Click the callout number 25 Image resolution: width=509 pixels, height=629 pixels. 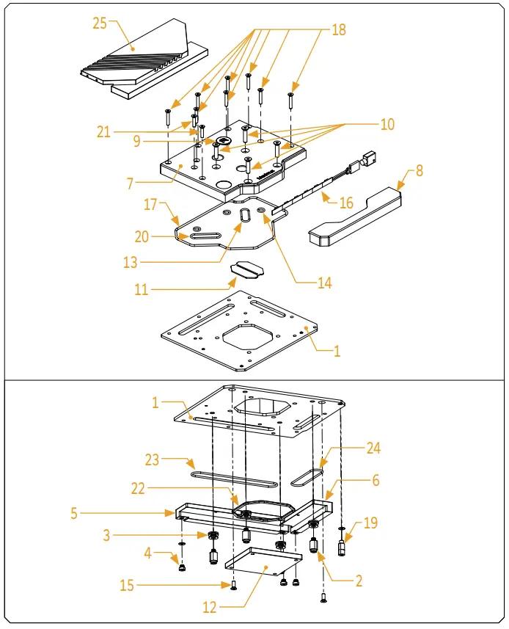point(100,23)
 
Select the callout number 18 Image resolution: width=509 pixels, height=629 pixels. point(338,30)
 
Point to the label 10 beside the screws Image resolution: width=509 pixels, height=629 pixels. point(387,125)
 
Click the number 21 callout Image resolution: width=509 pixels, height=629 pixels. point(104,132)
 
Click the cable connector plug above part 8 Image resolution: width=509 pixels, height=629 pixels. point(370,159)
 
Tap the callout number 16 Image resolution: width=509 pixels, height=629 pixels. point(345,203)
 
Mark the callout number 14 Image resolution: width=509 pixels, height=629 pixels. point(325,283)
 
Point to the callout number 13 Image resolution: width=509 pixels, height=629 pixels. point(130,263)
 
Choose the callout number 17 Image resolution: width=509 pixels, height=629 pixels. point(150,204)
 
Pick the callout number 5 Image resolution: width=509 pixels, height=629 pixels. point(74,513)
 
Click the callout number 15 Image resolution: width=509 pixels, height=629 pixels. point(128,585)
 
